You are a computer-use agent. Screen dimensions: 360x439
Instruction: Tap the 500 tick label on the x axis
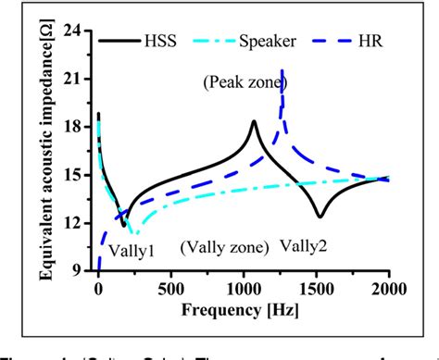click(x=170, y=288)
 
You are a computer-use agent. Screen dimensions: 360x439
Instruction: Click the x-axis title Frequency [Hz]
click(x=244, y=310)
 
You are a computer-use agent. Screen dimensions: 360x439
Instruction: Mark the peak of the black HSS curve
click(x=254, y=121)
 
